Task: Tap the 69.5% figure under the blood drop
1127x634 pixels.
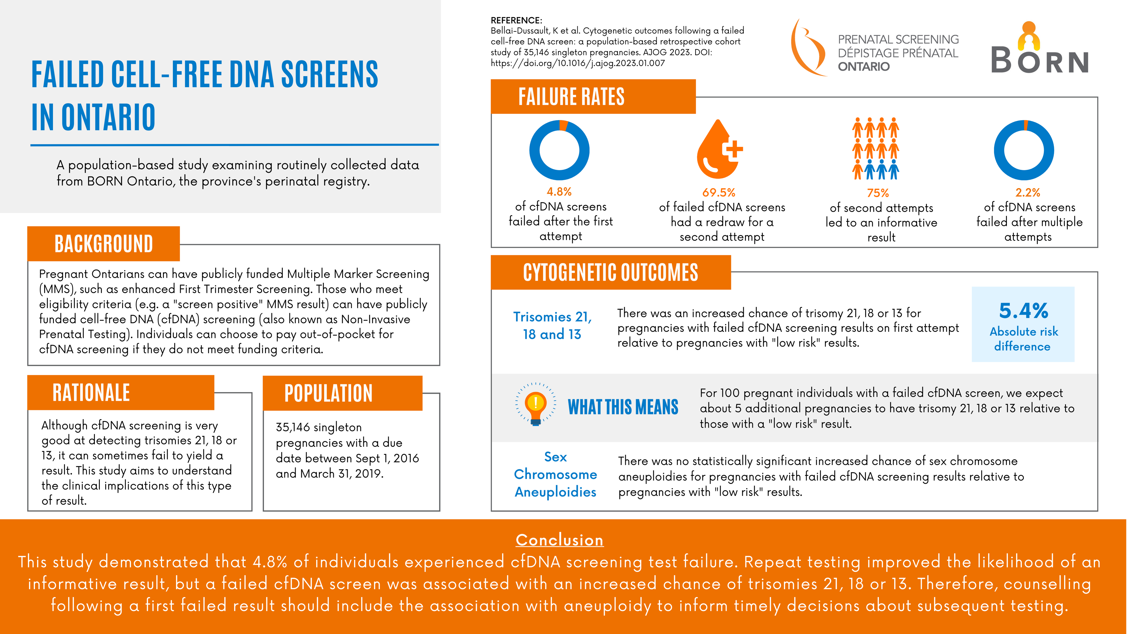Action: pos(718,193)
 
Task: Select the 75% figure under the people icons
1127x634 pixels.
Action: pos(878,193)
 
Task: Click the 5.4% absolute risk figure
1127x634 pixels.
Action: pos(1023,311)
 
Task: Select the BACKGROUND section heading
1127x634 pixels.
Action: pos(104,244)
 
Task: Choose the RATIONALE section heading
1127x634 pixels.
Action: pos(91,393)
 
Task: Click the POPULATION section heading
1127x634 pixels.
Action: pos(328,393)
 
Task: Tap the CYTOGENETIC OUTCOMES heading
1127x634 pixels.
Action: pos(610,272)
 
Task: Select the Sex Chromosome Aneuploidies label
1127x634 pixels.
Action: pos(555,474)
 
